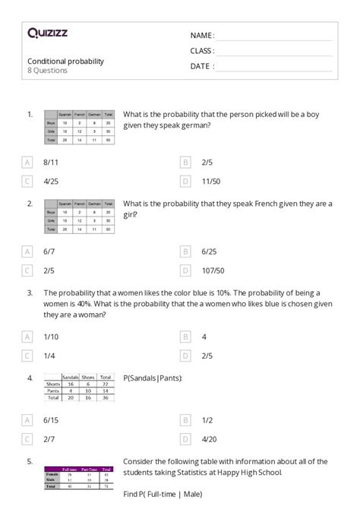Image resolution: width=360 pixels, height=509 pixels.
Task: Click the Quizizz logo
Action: pyautogui.click(x=46, y=33)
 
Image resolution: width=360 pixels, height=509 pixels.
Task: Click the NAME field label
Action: pyautogui.click(x=202, y=36)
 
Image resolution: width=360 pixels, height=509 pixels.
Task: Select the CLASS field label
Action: pyautogui.click(x=202, y=51)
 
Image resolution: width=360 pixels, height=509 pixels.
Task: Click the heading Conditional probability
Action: pyautogui.click(x=65, y=61)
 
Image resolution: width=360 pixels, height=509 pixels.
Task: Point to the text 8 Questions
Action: pyautogui.click(x=47, y=71)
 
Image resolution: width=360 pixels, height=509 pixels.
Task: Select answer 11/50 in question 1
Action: pyautogui.click(x=210, y=181)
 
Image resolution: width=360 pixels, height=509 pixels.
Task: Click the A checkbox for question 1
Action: pyautogui.click(x=28, y=162)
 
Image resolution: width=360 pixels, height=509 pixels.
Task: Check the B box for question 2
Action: pyautogui.click(x=185, y=251)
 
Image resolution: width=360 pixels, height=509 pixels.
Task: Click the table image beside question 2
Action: pyautogui.click(x=80, y=217)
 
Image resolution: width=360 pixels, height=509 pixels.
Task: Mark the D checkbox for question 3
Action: pyautogui.click(x=185, y=354)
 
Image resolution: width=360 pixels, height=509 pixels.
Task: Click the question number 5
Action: pyautogui.click(x=29, y=460)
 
